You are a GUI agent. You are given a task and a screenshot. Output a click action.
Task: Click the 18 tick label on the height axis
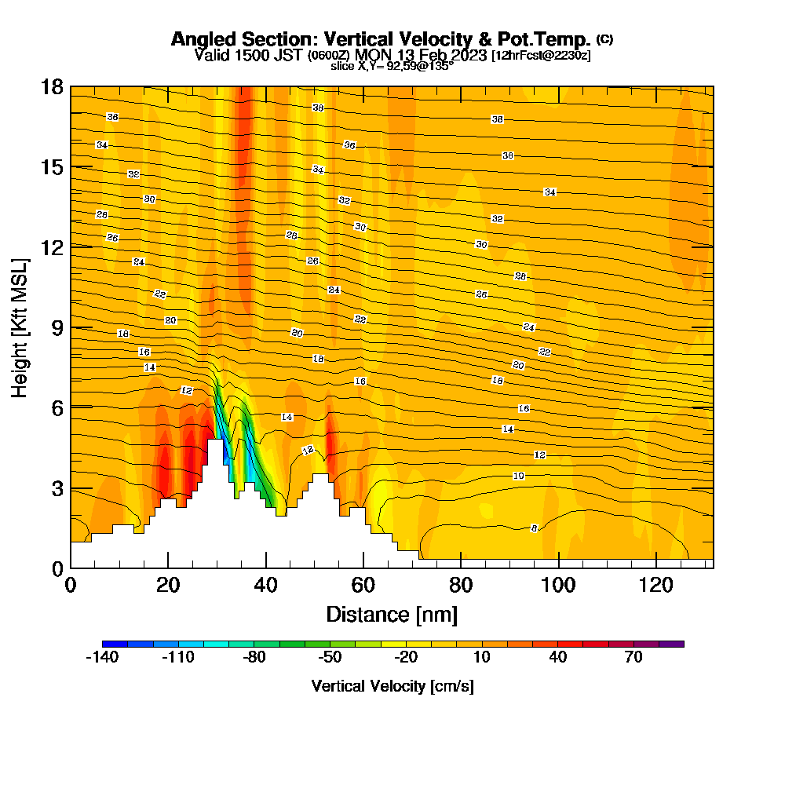[52, 86]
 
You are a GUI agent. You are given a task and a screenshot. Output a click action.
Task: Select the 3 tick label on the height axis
[57, 487]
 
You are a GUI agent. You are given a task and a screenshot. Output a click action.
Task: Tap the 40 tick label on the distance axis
[266, 585]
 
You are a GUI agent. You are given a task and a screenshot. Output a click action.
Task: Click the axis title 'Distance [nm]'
[392, 614]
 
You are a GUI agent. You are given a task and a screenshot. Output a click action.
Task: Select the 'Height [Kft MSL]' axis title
[21, 327]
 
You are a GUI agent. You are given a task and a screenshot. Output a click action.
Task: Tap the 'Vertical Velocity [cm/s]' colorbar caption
[392, 686]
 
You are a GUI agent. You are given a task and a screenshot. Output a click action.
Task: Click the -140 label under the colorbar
[102, 658]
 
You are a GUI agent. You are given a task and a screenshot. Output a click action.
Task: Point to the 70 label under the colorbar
[633, 658]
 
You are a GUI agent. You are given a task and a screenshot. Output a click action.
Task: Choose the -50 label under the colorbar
[330, 658]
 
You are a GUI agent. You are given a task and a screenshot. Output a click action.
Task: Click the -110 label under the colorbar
[177, 658]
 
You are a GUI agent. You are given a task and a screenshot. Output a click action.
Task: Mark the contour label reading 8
[535, 528]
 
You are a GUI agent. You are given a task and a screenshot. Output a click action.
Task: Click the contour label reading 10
[519, 476]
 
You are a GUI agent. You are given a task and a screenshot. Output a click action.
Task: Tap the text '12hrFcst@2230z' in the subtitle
[541, 56]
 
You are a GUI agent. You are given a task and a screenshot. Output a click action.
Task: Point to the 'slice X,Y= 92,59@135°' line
[392, 67]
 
